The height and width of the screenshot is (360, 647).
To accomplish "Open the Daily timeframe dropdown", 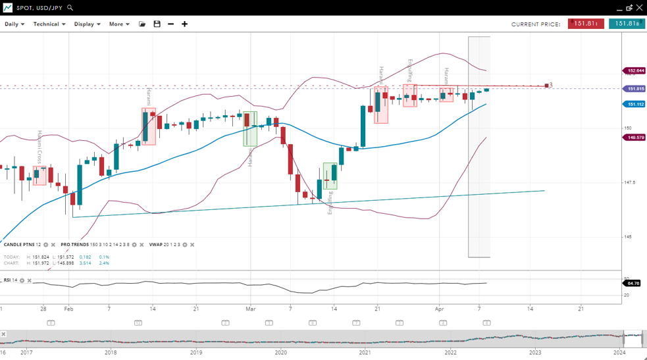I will point(14,24).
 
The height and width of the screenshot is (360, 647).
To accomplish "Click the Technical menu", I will point(49,24).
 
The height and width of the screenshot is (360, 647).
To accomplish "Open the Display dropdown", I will point(87,24).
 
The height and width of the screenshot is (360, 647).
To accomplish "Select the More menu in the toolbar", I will point(119,24).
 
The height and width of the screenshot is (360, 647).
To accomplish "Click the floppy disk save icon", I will point(157,24).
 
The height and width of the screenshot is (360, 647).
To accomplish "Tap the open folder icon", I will point(142,24).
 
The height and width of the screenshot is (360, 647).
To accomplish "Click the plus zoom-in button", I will point(184,24).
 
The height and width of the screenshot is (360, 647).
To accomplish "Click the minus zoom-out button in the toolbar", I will point(170,24).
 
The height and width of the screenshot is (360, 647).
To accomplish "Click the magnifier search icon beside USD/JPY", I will point(70,8).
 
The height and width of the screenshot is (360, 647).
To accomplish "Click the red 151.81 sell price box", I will point(586,24).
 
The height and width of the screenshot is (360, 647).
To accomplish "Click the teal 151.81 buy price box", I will point(627,24).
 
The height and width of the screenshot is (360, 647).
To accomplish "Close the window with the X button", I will point(639,8).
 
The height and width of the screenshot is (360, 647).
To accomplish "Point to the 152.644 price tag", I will point(635,70).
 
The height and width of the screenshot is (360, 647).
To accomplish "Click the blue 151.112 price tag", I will point(635,104).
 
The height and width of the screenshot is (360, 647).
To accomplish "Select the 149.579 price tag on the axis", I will point(635,138).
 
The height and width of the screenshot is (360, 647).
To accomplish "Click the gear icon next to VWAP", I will point(185,245).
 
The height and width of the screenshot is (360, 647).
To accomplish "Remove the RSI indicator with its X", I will point(30,280).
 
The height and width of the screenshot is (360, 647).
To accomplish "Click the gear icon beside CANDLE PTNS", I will point(45,245).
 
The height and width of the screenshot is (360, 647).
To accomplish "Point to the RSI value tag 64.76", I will point(633,283).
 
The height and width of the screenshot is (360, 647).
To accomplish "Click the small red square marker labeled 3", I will point(546,86).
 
